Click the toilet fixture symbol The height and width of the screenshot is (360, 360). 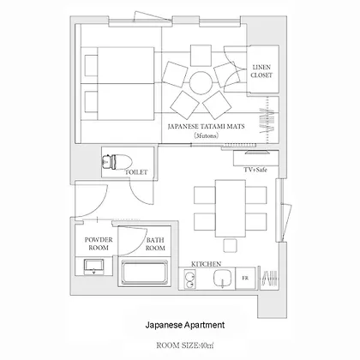pyautogui.click(x=117, y=162)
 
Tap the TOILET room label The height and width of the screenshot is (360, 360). pyautogui.click(x=136, y=172)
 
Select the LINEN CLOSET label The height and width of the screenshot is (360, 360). pyautogui.click(x=261, y=71)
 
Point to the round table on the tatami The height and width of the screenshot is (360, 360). pyautogui.click(x=201, y=83)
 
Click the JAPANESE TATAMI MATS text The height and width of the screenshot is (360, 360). pyautogui.click(x=206, y=126)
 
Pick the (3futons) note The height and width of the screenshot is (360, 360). pyautogui.click(x=206, y=135)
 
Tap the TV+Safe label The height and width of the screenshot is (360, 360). pyautogui.click(x=255, y=170)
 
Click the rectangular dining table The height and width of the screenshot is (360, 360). pyautogui.click(x=231, y=208)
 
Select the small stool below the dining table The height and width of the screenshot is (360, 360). pyautogui.click(x=230, y=246)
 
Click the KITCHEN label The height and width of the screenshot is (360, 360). pyautogui.click(x=206, y=264)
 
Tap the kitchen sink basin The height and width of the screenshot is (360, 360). pyautogui.click(x=222, y=279)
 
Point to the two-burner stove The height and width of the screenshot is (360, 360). pyautogui.click(x=189, y=279)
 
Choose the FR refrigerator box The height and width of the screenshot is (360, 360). pyautogui.click(x=245, y=279)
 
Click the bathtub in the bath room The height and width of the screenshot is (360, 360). pyautogui.click(x=144, y=273)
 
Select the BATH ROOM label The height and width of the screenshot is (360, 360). pyautogui.click(x=155, y=244)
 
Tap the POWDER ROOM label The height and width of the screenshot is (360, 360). pyautogui.click(x=99, y=243)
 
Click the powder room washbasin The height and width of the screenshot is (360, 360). pyautogui.click(x=93, y=267)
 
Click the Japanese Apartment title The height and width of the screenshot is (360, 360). pyautogui.click(x=185, y=325)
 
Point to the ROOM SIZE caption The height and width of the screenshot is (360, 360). pyautogui.click(x=185, y=345)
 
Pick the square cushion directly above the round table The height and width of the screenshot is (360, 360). pyautogui.click(x=201, y=56)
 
